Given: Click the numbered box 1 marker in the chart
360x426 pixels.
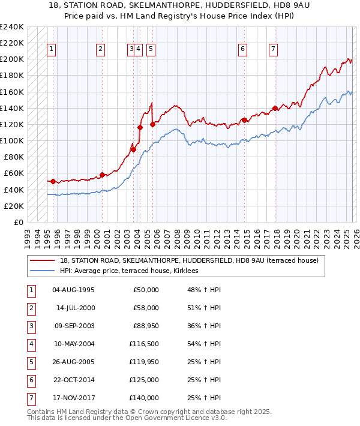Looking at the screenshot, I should pyautogui.click(x=52, y=50).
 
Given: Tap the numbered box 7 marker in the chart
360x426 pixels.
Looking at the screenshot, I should pyautogui.click(x=273, y=50).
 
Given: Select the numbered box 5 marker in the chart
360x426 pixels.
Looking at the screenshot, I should pyautogui.click(x=150, y=50).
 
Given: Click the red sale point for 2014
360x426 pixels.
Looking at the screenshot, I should pyautogui.click(x=244, y=120).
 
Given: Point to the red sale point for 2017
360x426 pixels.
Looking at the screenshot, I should pyautogui.click(x=275, y=108).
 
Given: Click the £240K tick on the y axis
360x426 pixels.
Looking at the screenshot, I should pyautogui.click(x=12, y=27).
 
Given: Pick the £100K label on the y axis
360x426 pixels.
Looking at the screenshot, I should pyautogui.click(x=12, y=140).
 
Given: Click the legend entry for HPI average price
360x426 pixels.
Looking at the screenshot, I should pyautogui.click(x=133, y=271).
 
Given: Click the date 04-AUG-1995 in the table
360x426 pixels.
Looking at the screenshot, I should pyautogui.click(x=73, y=290).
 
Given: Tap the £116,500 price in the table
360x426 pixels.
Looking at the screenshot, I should pyautogui.click(x=145, y=344).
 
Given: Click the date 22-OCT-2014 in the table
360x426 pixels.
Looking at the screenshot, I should pyautogui.click(x=73, y=380).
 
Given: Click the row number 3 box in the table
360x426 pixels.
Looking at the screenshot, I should pyautogui.click(x=30, y=326).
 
